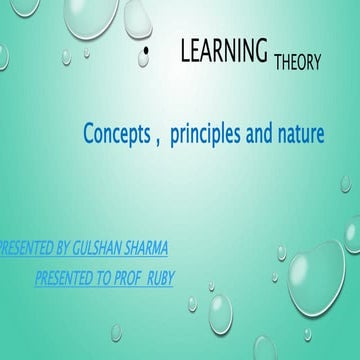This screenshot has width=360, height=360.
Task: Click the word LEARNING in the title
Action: tap(224, 52)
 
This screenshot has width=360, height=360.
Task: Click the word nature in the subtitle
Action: tap(300, 133)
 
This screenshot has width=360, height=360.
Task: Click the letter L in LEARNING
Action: tap(185, 52)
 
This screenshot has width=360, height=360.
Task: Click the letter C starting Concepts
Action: tap(88, 133)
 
